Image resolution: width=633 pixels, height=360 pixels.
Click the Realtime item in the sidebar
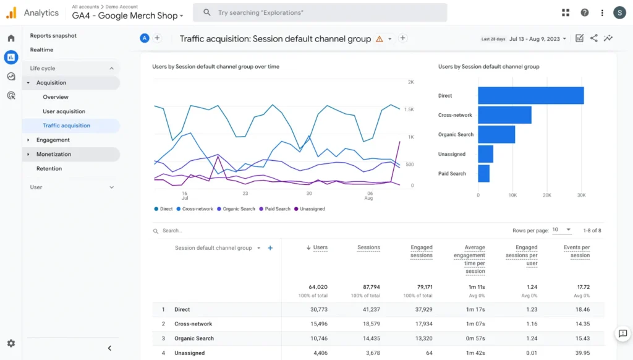(41, 49)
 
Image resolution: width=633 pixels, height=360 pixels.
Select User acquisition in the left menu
(64, 111)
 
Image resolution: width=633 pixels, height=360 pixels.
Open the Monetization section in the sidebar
(54, 154)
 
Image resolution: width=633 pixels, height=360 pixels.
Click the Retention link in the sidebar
(49, 168)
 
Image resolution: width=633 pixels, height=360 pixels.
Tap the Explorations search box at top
(320, 12)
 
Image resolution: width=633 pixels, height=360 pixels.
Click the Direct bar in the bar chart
(530, 96)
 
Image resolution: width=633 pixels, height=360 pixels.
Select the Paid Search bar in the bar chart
(483, 173)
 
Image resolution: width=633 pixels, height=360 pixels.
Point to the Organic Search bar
(496, 134)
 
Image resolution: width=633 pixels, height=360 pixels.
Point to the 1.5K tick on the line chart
(409, 109)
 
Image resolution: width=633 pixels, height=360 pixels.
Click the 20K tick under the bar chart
(547, 195)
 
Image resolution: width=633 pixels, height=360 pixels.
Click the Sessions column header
(368, 247)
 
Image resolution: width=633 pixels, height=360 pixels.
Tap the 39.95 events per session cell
(582, 353)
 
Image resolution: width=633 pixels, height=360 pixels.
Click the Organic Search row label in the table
(194, 338)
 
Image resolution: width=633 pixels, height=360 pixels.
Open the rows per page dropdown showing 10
(562, 230)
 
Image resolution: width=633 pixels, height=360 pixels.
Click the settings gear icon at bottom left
(11, 343)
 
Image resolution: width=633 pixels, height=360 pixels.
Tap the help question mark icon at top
(584, 12)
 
